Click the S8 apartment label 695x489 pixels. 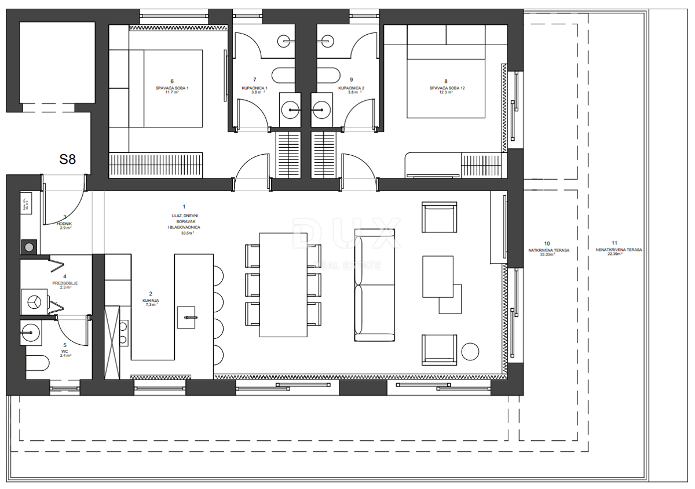(x=68, y=160)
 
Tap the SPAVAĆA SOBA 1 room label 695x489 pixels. (x=172, y=87)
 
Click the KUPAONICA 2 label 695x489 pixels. (x=350, y=88)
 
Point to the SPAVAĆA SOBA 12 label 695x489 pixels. (x=447, y=87)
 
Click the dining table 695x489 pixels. (x=283, y=284)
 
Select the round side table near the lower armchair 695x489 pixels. (x=470, y=351)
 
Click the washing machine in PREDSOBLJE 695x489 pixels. (x=32, y=301)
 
